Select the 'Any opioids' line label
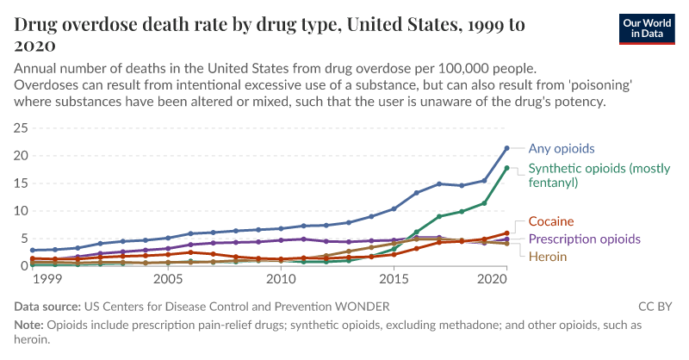561,148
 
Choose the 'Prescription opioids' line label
584,239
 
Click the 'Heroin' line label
548,256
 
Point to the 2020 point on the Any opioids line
506,148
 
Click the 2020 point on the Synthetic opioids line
506,168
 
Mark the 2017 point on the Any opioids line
439,183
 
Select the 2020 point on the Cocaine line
506,233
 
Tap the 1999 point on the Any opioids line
33,251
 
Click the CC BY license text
656,306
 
